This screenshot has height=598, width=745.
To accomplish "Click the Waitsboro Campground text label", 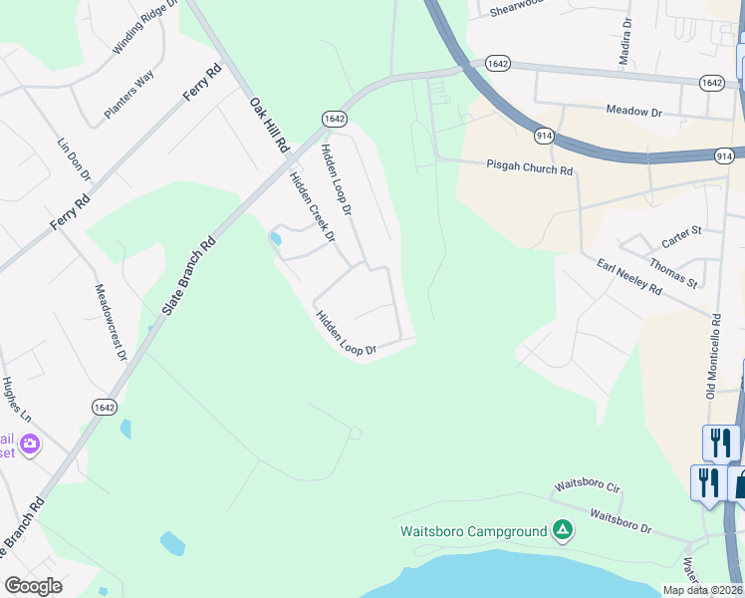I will (x=474, y=530).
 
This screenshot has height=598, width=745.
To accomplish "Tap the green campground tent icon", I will (x=563, y=530).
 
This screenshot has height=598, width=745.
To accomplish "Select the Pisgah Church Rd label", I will (x=530, y=169).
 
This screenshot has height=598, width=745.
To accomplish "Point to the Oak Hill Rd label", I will (x=269, y=124).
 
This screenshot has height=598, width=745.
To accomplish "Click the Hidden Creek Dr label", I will (x=311, y=206).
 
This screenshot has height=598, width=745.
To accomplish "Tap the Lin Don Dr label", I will (x=75, y=159).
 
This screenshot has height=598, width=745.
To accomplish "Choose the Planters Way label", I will (x=129, y=95).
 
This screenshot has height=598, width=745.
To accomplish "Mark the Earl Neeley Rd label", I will (x=629, y=277).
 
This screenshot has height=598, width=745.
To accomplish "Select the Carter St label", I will (x=682, y=237).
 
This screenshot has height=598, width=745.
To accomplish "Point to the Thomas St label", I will (x=673, y=270).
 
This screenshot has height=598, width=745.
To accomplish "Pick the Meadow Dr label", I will (x=633, y=113).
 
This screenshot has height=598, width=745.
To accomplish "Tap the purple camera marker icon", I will (x=31, y=444).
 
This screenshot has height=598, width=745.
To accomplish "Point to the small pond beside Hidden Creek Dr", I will (x=275, y=239).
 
